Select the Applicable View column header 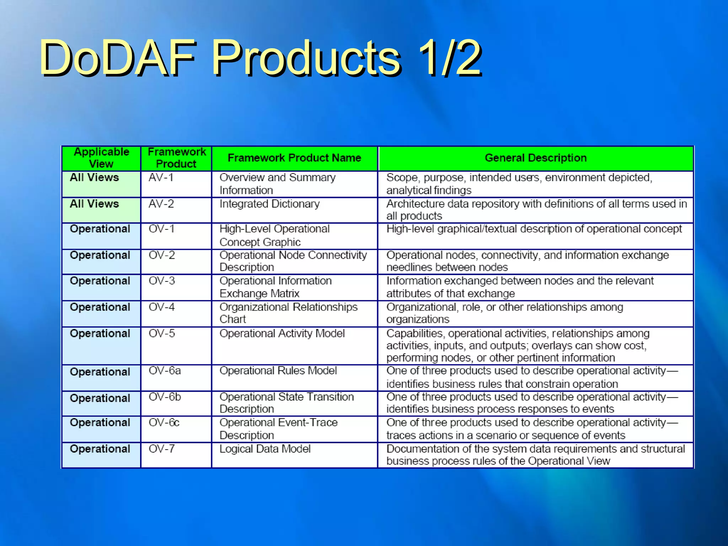(x=101, y=158)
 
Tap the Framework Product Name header (x=294, y=158)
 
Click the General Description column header (x=536, y=158)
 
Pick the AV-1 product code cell (x=161, y=177)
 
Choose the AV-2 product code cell (x=161, y=204)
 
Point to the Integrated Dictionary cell (x=269, y=204)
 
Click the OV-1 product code (x=161, y=229)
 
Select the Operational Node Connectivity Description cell (x=293, y=261)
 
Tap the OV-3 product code (x=162, y=281)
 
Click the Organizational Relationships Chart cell (x=288, y=313)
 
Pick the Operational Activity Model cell (x=282, y=333)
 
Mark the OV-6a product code (x=165, y=371)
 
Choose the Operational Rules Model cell (x=278, y=371)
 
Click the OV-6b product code (x=165, y=397)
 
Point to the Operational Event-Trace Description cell (x=278, y=429)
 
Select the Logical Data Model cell (x=265, y=449)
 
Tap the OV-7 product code (x=161, y=449)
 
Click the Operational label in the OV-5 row (x=100, y=333)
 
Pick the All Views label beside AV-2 (x=94, y=204)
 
